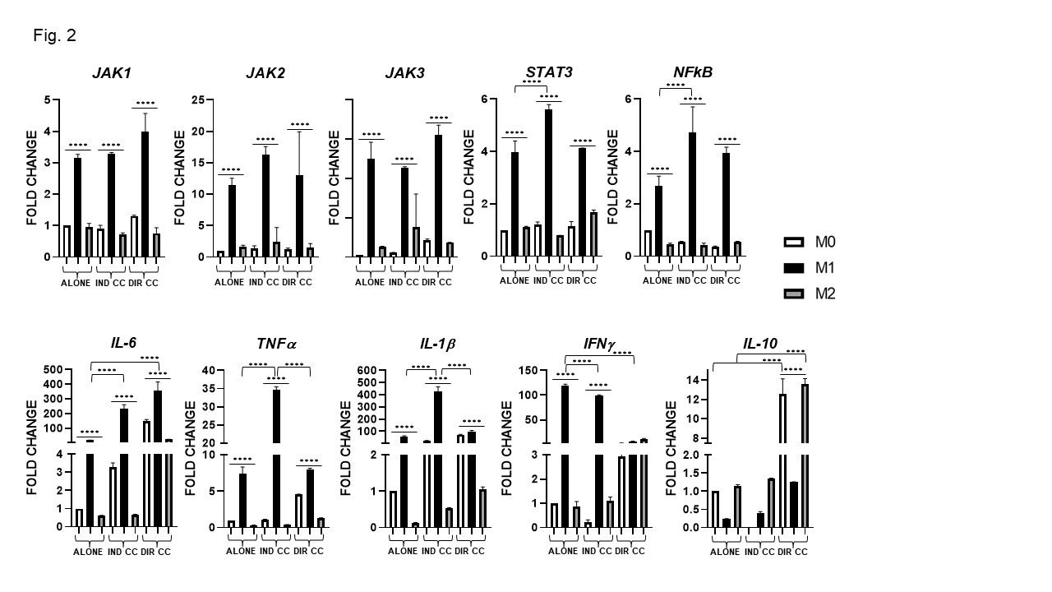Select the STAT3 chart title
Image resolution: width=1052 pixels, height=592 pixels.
click(x=551, y=72)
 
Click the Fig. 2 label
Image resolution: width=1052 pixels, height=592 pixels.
click(x=55, y=35)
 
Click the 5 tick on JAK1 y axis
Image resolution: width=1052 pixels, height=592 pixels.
click(x=48, y=100)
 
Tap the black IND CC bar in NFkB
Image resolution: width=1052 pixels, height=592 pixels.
click(x=692, y=194)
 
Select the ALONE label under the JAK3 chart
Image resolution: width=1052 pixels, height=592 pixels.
click(x=370, y=283)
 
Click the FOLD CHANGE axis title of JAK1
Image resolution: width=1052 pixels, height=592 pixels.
click(x=32, y=178)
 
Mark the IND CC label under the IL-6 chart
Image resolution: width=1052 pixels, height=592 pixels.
click(x=121, y=553)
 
